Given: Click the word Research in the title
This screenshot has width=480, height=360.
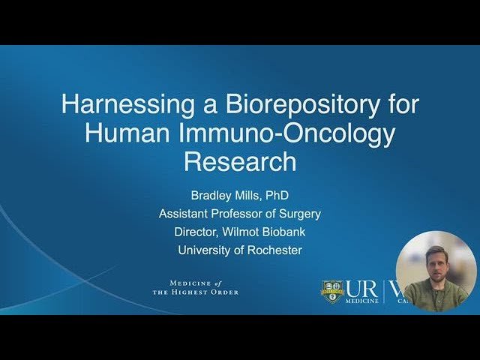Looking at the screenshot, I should tap(240, 160).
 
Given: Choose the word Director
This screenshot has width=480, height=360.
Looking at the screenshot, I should tap(200, 232).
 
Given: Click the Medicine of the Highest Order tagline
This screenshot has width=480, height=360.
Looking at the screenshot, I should tap(195, 287).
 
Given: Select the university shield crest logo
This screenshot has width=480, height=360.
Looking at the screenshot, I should tap(332, 291).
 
